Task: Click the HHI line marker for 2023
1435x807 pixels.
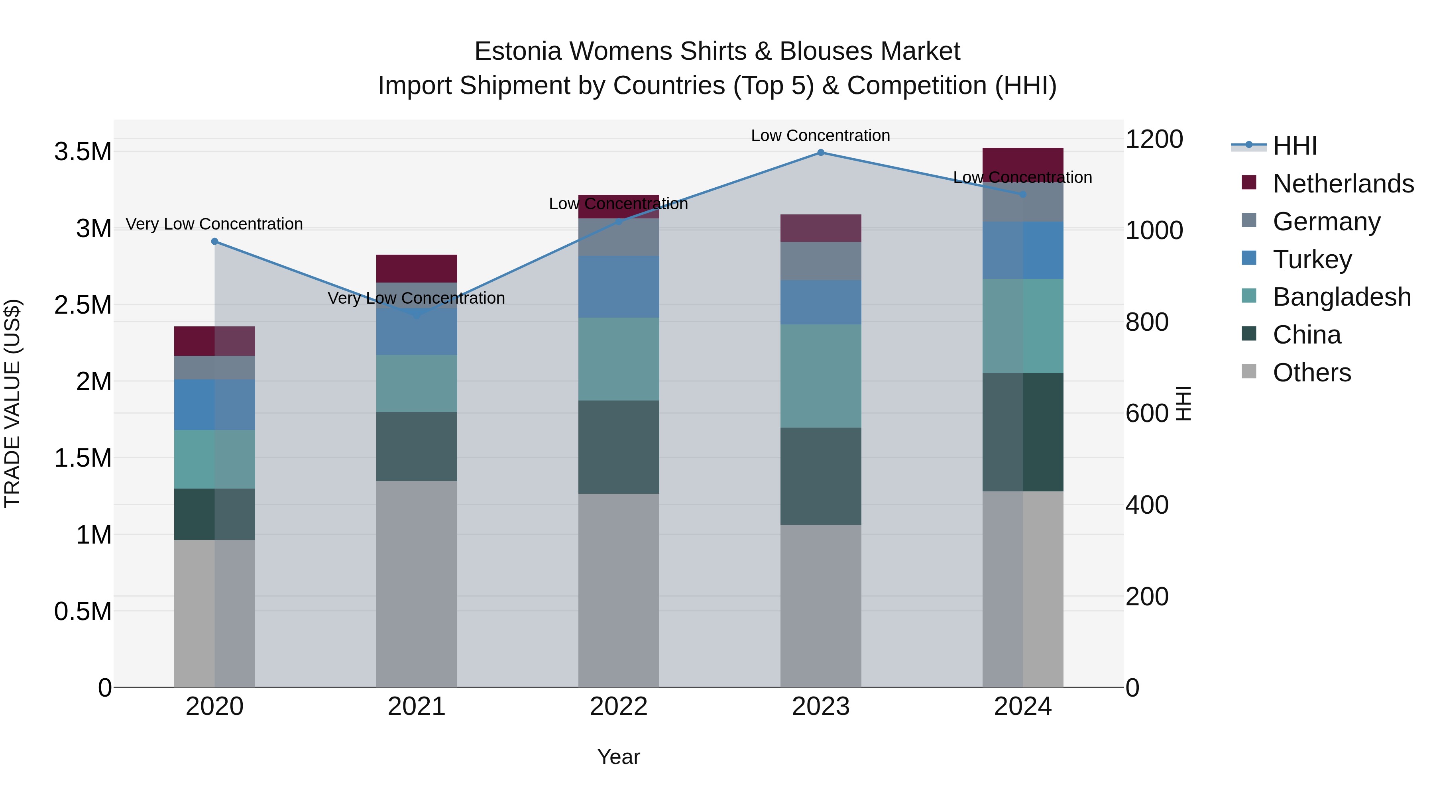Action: point(821,152)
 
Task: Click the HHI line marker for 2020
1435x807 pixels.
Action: point(214,241)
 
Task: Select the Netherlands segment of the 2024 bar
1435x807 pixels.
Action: point(1023,163)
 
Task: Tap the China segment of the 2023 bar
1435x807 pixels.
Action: point(821,476)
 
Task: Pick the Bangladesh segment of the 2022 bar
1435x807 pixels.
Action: point(618,359)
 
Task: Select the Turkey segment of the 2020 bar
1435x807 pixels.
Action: point(214,404)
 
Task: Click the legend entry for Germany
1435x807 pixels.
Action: point(1326,222)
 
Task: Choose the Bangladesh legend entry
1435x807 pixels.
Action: point(1341,297)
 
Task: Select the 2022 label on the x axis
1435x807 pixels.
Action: point(618,707)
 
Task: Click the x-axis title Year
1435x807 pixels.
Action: point(618,757)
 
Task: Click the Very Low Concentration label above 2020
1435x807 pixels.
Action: point(214,224)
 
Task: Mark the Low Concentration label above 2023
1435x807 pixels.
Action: point(821,135)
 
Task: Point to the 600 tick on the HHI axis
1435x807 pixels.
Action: point(1146,413)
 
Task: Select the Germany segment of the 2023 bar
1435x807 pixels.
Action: point(821,261)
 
